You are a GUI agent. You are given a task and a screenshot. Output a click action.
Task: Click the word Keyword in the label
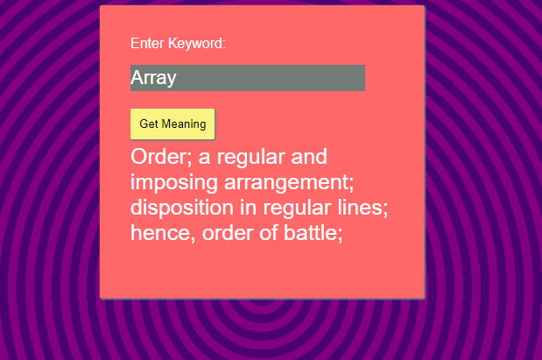tap(197, 44)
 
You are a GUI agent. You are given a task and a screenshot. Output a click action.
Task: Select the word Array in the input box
tap(153, 78)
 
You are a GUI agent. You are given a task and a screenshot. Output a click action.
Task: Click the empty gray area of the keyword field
tap(271, 78)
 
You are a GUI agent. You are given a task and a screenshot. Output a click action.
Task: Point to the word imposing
tap(174, 182)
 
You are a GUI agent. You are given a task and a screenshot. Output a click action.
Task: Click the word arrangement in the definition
tap(289, 182)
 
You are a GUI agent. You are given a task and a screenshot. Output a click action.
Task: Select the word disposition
tap(182, 208)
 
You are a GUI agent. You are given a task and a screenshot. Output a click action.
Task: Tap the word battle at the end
tap(313, 233)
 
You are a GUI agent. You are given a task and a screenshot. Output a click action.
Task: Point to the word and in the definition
tap(309, 157)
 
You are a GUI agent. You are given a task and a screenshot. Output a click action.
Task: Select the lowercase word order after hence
tap(228, 233)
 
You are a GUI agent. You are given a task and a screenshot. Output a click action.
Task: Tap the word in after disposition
tap(249, 208)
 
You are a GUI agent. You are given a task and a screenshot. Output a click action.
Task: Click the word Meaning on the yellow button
tap(184, 124)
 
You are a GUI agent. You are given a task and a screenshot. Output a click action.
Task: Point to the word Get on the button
tap(149, 124)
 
